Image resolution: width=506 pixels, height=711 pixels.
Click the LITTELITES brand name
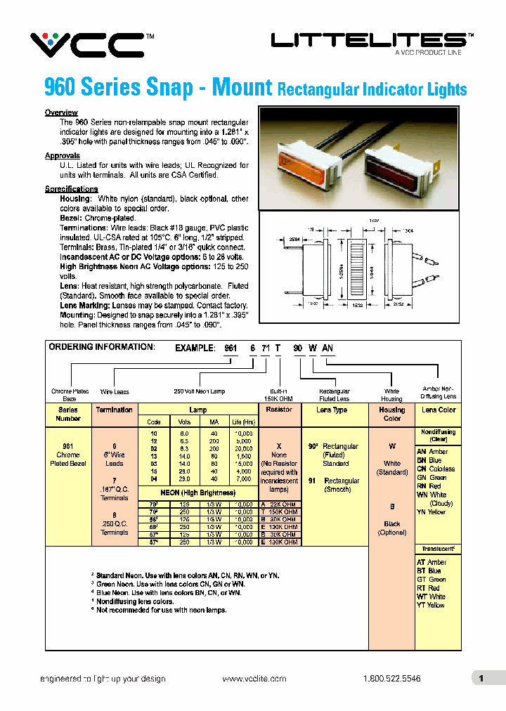368,41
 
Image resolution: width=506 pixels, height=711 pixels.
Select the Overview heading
61,113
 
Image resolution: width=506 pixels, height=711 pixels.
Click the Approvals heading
63,156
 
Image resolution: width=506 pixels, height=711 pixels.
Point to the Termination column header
114,410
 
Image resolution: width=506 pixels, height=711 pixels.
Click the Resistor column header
279,410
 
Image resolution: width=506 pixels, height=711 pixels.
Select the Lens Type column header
333,410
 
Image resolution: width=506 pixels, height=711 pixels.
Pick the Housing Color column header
391,414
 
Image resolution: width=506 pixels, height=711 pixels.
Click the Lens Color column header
439,410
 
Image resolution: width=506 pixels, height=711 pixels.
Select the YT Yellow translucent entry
431,605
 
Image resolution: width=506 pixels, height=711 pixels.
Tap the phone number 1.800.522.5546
392,679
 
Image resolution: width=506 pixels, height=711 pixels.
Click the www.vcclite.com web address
254,679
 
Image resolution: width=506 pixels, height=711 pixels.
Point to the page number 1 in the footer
481,679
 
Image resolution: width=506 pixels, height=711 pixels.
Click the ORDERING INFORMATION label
101,347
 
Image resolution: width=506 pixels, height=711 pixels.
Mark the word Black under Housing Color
392,523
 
